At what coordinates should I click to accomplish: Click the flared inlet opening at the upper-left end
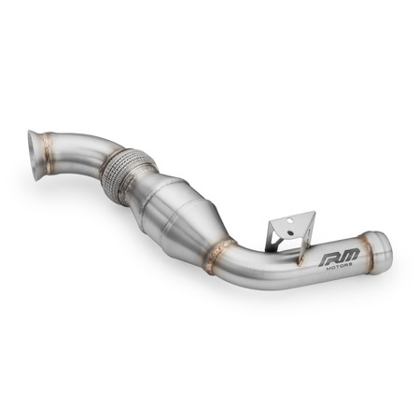click(x=37, y=150)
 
